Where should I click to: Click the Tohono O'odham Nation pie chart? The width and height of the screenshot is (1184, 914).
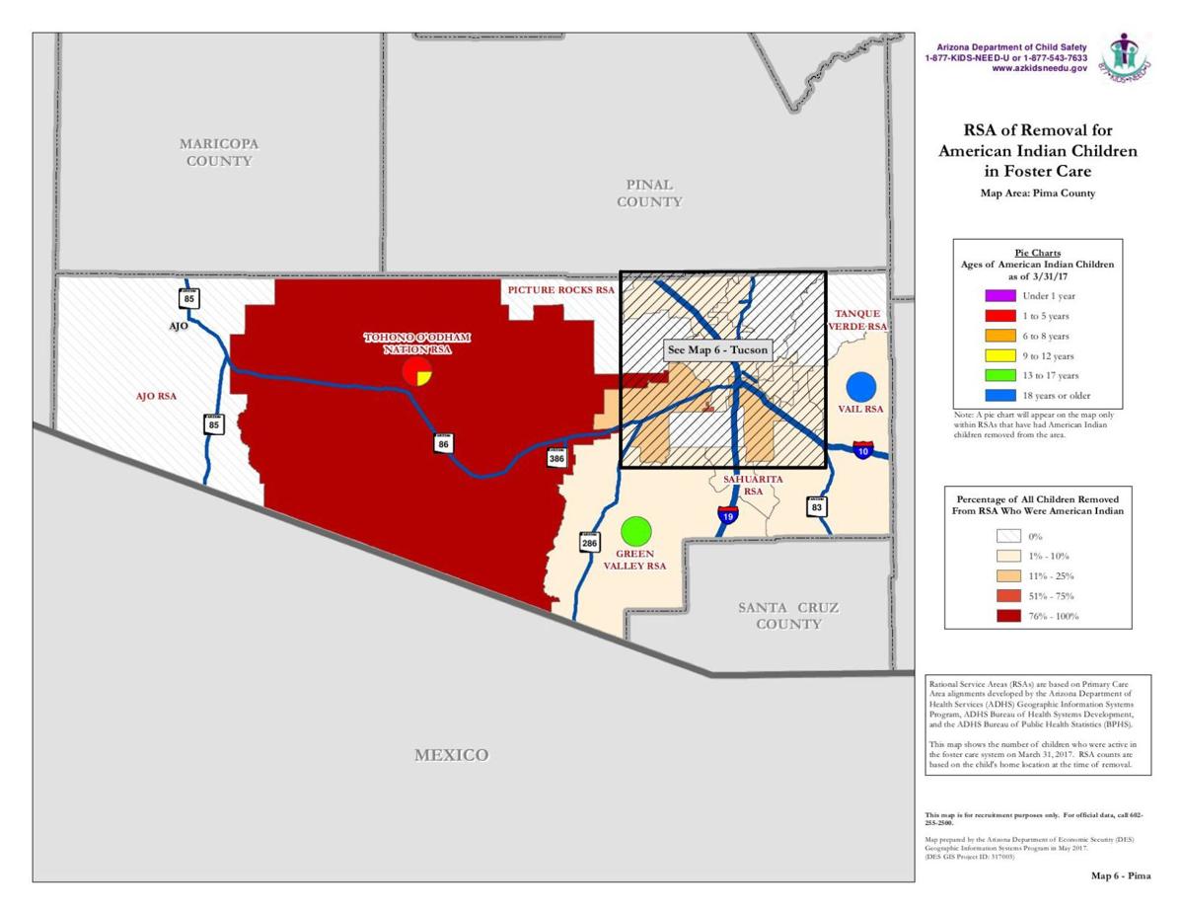[417, 372]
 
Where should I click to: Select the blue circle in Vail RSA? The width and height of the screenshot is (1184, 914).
[861, 387]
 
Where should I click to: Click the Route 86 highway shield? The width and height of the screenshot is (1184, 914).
[444, 444]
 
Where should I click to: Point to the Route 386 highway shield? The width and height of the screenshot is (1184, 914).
[557, 458]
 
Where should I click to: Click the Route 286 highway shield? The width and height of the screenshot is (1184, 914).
[589, 542]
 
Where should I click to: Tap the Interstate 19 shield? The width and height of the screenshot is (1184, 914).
[726, 513]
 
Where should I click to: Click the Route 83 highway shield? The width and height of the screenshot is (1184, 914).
[817, 507]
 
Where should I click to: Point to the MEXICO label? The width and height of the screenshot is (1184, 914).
[451, 755]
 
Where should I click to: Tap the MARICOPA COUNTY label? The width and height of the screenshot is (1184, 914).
[219, 152]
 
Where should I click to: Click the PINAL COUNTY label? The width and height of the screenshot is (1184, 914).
[649, 192]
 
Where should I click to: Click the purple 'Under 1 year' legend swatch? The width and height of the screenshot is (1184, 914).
[999, 296]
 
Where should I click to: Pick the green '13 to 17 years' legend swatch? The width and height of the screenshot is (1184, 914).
[999, 375]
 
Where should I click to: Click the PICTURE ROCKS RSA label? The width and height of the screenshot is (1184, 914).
[560, 291]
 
